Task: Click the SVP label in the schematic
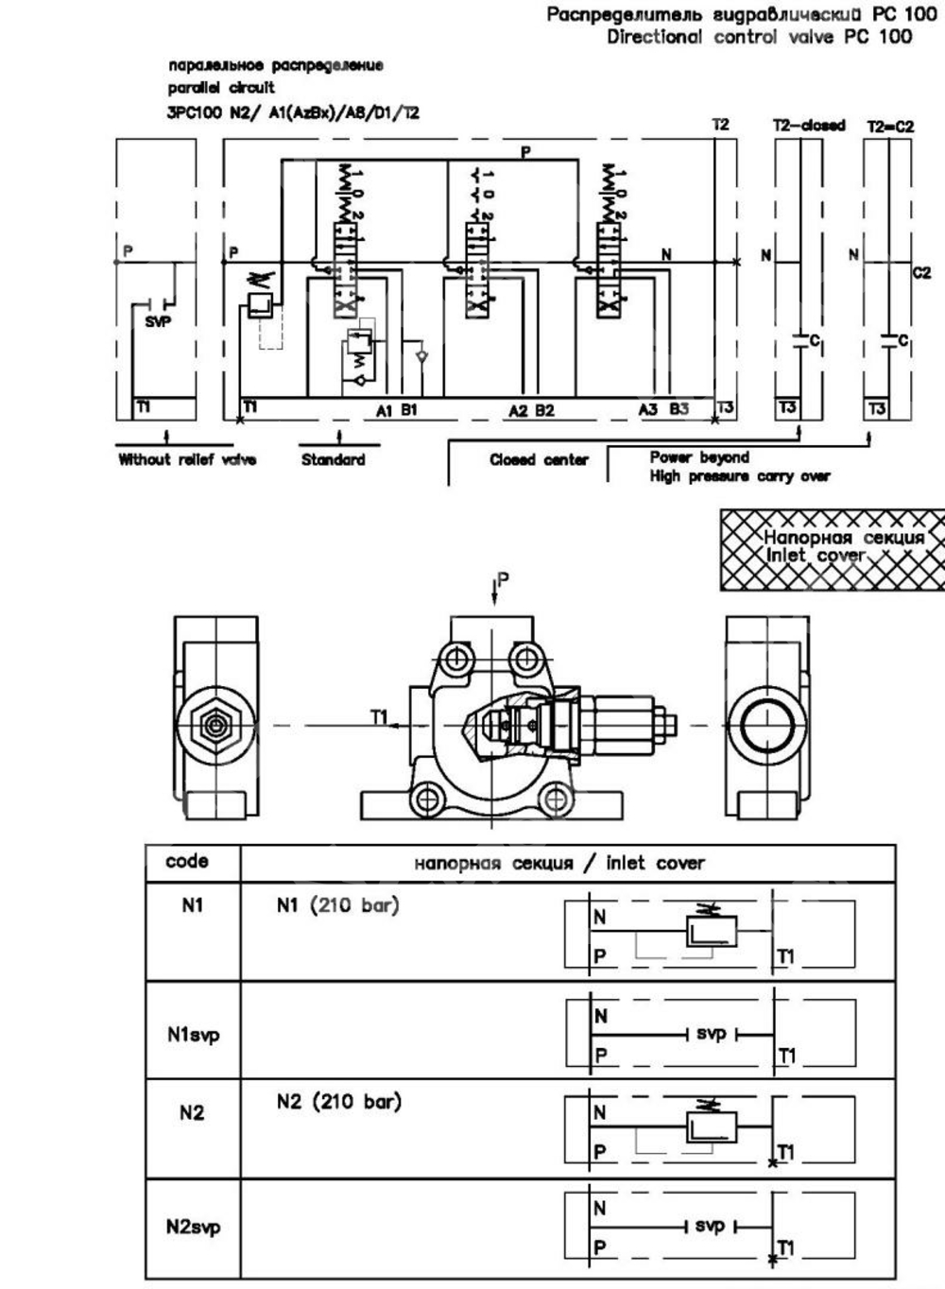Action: [158, 321]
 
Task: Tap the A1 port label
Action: [383, 411]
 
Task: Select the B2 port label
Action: [545, 411]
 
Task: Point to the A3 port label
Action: [647, 409]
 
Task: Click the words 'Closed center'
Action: [539, 460]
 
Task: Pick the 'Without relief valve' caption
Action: [187, 460]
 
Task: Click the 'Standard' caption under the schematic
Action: [333, 460]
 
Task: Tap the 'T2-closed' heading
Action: [809, 125]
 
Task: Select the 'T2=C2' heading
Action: [889, 125]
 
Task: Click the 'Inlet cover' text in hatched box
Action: [815, 556]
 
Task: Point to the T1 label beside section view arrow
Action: [379, 717]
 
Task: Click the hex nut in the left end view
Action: [216, 726]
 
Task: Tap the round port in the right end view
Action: [766, 726]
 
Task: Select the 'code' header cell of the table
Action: [186, 862]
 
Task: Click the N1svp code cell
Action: [193, 1035]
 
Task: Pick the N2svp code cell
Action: [193, 1228]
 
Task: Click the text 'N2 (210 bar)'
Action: [338, 1101]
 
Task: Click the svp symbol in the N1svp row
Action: [711, 1035]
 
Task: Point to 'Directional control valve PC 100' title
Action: [759, 37]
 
